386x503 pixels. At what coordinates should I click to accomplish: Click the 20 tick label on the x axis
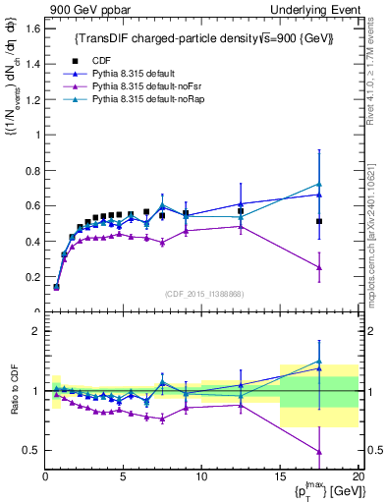pyautogui.click(x=358, y=477)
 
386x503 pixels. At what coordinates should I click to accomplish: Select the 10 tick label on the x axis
pyautogui.click(x=201, y=477)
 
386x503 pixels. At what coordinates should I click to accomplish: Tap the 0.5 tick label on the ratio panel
pyautogui.click(x=30, y=450)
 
